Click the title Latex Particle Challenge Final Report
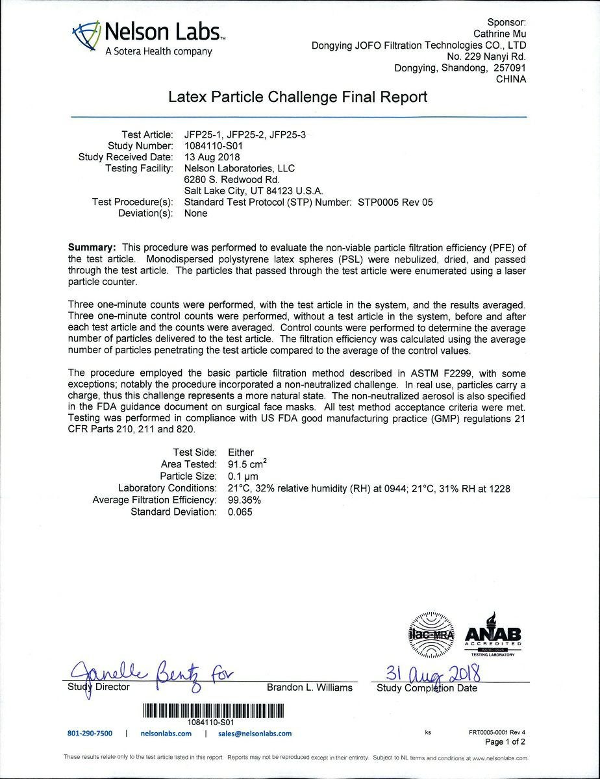tap(298, 97)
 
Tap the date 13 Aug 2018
tap(212, 157)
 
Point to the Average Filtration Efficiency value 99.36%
tap(244, 500)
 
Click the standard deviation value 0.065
tap(240, 512)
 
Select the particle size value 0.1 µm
tap(244, 476)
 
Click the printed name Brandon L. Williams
tap(309, 687)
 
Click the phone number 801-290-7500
tap(90, 734)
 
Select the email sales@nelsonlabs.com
tap(255, 734)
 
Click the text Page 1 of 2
tap(505, 741)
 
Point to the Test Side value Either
tap(241, 452)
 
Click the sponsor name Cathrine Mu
tap(499, 34)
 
